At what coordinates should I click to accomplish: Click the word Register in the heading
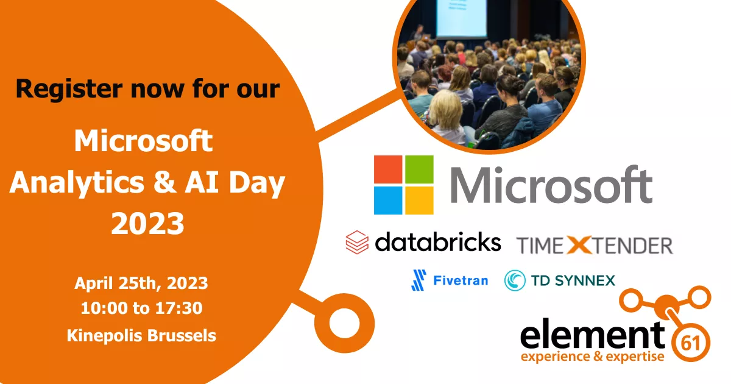click(67, 88)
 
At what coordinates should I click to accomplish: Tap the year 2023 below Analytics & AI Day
click(147, 223)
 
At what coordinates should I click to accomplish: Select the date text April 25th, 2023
click(141, 283)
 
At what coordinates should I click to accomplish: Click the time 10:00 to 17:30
click(141, 308)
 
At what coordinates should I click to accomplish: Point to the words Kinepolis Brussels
click(141, 335)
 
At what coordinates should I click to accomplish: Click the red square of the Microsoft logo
click(387, 169)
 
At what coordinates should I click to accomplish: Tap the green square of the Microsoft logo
click(420, 169)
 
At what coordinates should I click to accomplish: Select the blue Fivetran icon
click(418, 280)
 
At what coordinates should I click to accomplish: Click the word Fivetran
click(461, 280)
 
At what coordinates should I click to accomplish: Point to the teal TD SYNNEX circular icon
click(515, 280)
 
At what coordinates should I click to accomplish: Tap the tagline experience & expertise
click(592, 357)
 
